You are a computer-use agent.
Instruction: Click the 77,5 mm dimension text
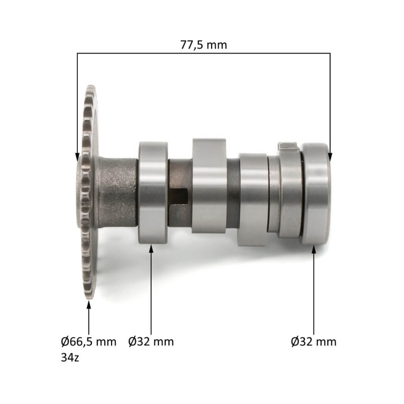(x=204, y=44)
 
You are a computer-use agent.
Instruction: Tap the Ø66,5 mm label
(x=88, y=341)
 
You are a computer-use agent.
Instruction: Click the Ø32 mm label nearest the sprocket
(x=151, y=341)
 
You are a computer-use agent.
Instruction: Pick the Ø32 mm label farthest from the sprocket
(x=314, y=341)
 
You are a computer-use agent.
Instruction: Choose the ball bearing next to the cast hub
(x=152, y=192)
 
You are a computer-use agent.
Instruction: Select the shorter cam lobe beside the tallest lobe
(x=253, y=199)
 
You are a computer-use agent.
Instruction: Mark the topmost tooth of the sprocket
(x=91, y=89)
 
